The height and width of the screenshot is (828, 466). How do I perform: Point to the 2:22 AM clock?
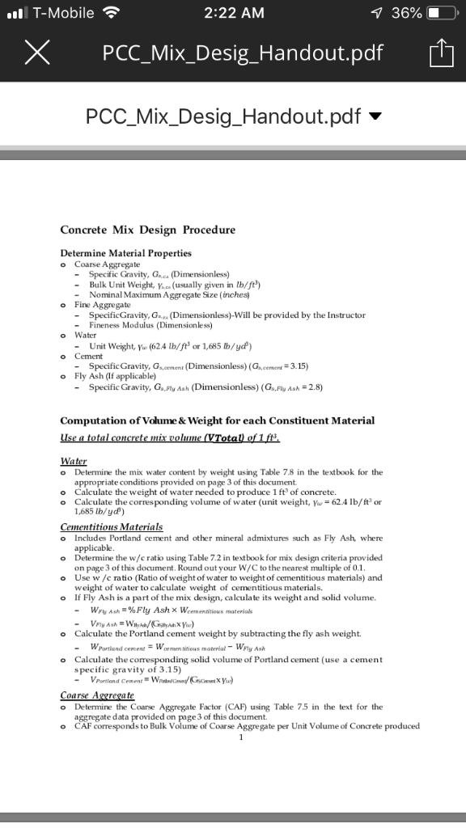click(x=235, y=13)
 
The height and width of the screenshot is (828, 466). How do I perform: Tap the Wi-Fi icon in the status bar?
click(x=111, y=13)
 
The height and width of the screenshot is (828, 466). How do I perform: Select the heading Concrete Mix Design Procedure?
click(x=147, y=230)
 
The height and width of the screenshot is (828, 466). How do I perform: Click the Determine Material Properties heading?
click(x=125, y=253)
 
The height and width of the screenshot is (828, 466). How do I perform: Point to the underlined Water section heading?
click(x=74, y=461)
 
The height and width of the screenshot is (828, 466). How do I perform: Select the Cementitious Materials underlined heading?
click(x=111, y=526)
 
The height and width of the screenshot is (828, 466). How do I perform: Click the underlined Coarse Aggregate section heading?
click(x=97, y=695)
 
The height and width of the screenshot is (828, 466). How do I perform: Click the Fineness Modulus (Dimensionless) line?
click(x=150, y=325)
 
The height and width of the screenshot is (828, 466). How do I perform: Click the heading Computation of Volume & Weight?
click(x=217, y=420)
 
